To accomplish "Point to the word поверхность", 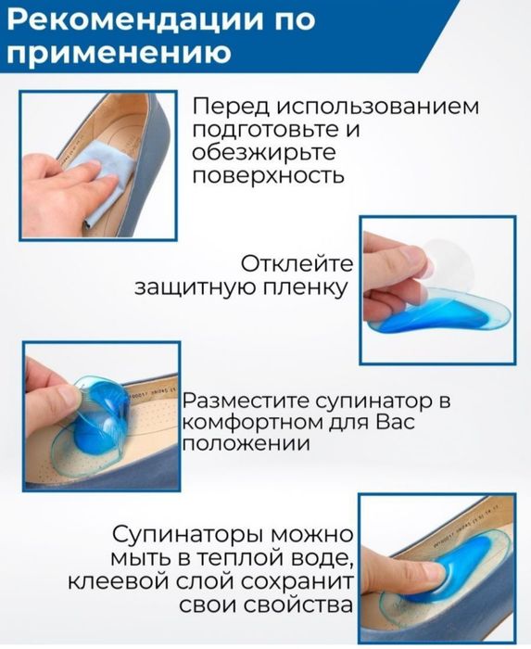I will [271, 176].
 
